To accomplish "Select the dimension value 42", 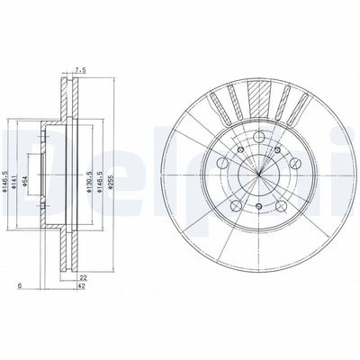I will [x=82, y=288].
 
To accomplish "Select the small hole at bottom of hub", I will [x=258, y=208].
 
